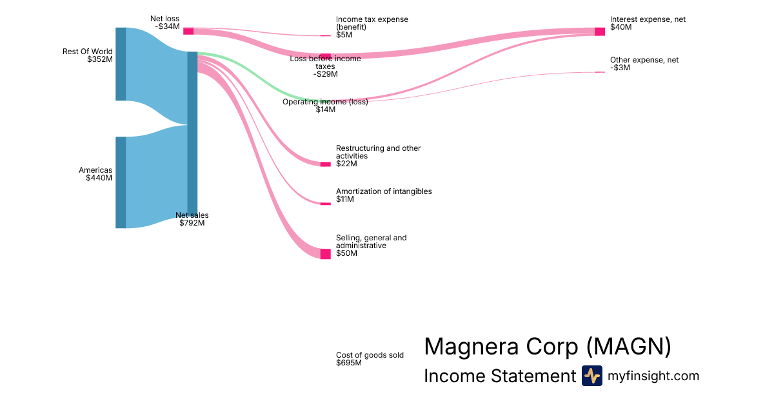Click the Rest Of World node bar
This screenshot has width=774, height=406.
point(121,64)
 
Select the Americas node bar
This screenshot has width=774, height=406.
point(121,182)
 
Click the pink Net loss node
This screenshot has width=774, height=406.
point(188,31)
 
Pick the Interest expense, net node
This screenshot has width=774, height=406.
point(600,32)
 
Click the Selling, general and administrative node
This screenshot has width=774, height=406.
point(326,254)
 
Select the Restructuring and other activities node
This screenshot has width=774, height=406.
point(326,164)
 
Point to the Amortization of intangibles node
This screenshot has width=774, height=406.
point(326,204)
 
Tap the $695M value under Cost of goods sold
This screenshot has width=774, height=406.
point(349,363)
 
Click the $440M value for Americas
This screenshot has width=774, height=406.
point(99,178)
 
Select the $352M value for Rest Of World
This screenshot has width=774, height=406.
point(100,59)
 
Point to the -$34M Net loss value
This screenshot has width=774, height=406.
point(167,26)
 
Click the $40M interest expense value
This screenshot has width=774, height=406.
point(621,27)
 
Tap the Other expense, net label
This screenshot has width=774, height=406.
point(644,60)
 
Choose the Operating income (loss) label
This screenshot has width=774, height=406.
point(325,102)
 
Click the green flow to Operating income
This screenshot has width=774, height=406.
point(258,74)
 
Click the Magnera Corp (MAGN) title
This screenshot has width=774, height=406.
point(548,347)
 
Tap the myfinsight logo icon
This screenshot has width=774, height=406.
point(591,376)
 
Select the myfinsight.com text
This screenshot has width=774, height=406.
point(653,376)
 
